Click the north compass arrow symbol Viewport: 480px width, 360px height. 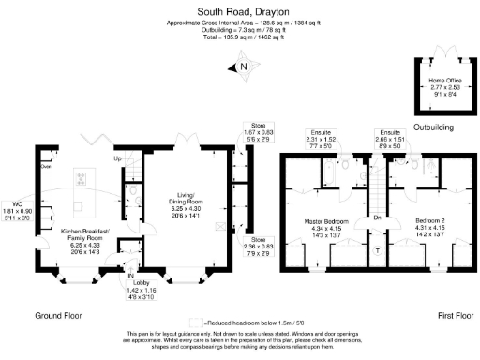point(242,66)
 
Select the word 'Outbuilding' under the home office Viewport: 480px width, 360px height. point(433,127)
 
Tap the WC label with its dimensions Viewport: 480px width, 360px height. point(18,210)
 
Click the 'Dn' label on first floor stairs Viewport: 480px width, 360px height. point(377,217)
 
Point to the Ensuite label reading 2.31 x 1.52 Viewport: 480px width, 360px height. point(322,140)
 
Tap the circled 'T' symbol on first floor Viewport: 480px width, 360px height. point(378,251)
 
